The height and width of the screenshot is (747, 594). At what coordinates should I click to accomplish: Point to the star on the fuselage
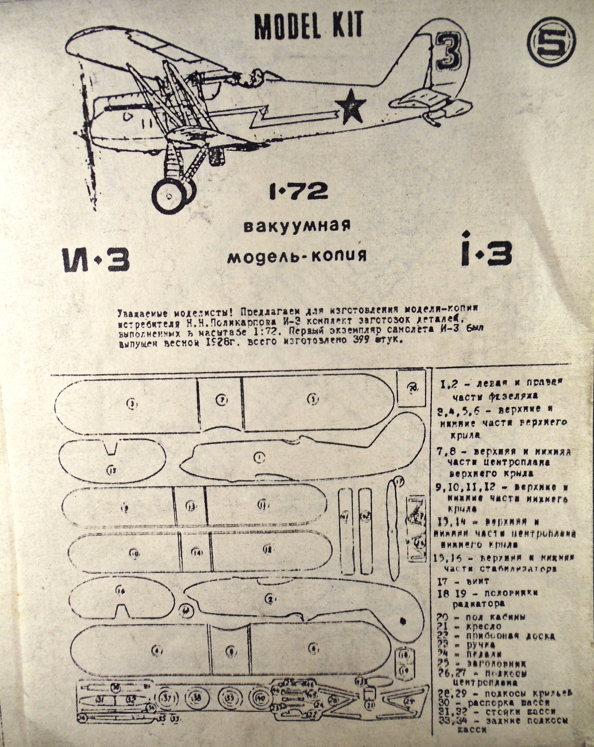(x=350, y=107)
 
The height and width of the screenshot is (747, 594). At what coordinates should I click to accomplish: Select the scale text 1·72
(x=298, y=191)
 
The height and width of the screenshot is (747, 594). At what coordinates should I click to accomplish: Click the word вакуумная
(x=296, y=227)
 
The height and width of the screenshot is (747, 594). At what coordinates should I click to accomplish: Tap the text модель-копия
(x=296, y=257)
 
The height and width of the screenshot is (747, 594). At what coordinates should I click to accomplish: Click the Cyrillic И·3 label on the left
(x=95, y=259)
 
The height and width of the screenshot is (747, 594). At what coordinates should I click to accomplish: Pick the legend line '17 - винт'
(x=463, y=581)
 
